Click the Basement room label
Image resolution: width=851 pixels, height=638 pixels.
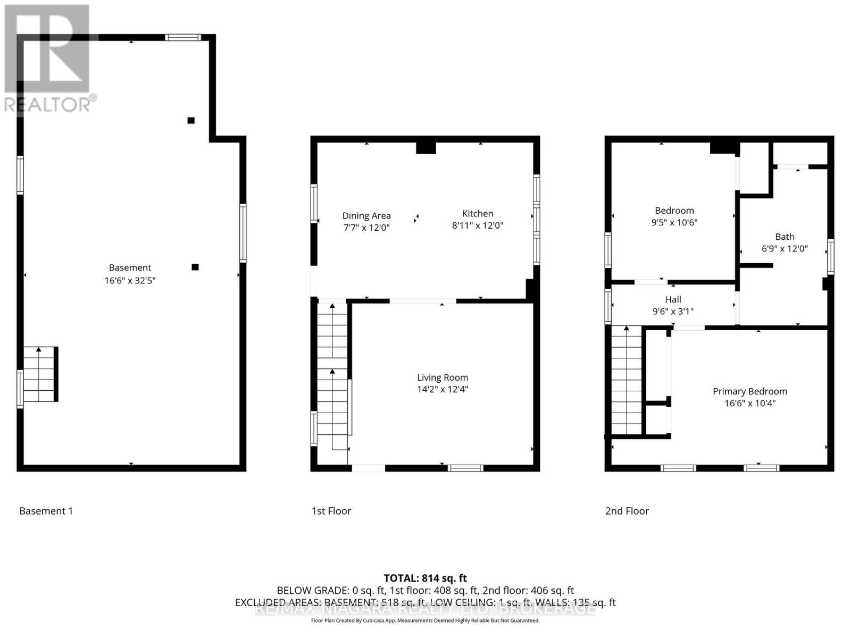[130, 267]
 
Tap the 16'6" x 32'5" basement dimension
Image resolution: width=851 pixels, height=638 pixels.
[130, 280]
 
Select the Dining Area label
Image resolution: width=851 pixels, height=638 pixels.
[366, 215]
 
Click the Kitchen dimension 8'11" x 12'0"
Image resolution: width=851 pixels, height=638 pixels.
[478, 225]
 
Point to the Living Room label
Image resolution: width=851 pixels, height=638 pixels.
[443, 377]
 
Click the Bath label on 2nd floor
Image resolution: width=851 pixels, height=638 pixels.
[785, 237]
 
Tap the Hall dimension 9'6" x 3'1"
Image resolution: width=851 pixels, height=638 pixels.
[673, 312]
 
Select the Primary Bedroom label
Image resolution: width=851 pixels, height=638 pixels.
[750, 391]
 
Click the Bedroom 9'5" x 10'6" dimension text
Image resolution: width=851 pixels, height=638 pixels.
[674, 223]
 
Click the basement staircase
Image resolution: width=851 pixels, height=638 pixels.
[40, 374]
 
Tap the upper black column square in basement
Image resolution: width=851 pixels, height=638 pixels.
[191, 120]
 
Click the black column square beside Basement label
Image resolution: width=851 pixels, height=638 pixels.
[195, 267]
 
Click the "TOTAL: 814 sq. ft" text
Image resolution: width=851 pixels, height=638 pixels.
[425, 578]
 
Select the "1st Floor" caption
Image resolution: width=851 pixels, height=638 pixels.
[331, 511]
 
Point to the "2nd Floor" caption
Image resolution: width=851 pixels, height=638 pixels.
[627, 511]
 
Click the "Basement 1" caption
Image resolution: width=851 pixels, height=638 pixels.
[46, 511]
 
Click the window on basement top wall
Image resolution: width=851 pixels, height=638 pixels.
[182, 37]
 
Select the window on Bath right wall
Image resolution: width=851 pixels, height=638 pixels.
[830, 257]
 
